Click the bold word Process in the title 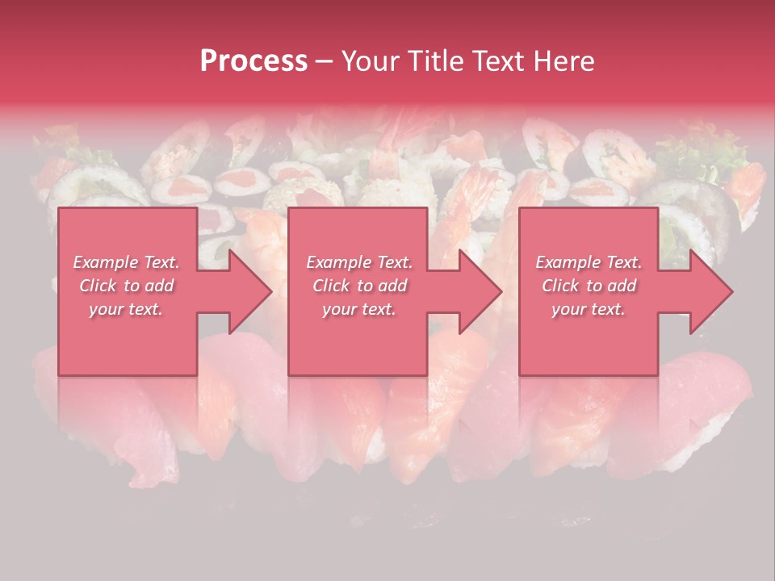click(253, 61)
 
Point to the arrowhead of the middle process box click(480, 291)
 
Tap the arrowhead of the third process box click(710, 291)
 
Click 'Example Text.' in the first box click(126, 262)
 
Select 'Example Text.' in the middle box click(358, 262)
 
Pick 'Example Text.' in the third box click(589, 262)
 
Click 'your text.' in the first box click(126, 309)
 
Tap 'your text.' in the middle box click(358, 309)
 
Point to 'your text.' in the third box click(589, 309)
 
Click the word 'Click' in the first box click(98, 286)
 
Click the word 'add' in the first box click(159, 286)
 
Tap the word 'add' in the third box click(622, 286)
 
